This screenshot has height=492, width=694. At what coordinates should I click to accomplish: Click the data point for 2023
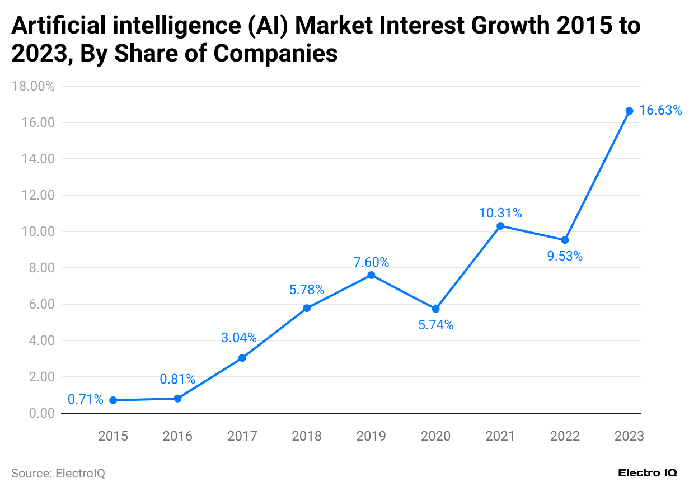click(629, 111)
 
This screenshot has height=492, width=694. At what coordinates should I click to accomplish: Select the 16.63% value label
click(660, 111)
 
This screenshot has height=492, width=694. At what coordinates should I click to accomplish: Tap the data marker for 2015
click(113, 400)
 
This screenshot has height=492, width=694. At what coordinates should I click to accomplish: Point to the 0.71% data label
click(86, 400)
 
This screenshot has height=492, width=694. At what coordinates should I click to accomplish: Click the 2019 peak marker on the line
click(371, 275)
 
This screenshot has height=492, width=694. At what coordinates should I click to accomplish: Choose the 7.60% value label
click(371, 262)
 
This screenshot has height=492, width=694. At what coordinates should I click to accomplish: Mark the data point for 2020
click(435, 309)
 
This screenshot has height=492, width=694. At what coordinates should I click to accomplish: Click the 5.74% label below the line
click(435, 325)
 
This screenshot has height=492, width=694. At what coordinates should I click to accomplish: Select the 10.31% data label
click(500, 213)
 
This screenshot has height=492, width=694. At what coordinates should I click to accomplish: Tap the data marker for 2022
click(565, 240)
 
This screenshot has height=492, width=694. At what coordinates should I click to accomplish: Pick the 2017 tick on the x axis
click(242, 436)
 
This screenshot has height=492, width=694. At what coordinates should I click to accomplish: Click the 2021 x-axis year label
click(500, 436)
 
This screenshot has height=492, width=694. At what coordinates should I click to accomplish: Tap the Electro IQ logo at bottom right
click(648, 473)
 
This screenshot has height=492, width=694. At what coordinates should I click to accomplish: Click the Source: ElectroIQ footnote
click(58, 474)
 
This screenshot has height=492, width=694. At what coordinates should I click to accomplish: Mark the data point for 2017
click(242, 358)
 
